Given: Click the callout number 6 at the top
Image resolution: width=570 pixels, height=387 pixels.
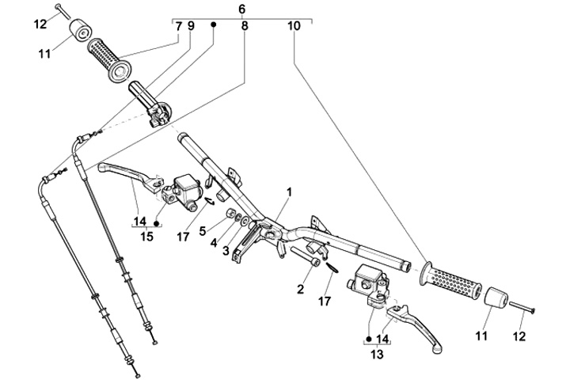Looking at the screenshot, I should pos(241,9).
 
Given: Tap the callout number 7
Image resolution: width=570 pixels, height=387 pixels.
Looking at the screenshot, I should pos(179,26).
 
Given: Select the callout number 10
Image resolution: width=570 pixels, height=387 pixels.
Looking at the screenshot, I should pos(294,26).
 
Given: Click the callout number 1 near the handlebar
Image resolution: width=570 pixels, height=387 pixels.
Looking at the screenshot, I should pos(290,192).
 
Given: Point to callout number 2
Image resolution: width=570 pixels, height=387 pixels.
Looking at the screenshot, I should pos(300,290).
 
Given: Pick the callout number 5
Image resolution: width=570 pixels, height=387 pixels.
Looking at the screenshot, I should pos(203,231).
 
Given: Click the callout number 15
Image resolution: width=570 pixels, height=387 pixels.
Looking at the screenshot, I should pos(146,236).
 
